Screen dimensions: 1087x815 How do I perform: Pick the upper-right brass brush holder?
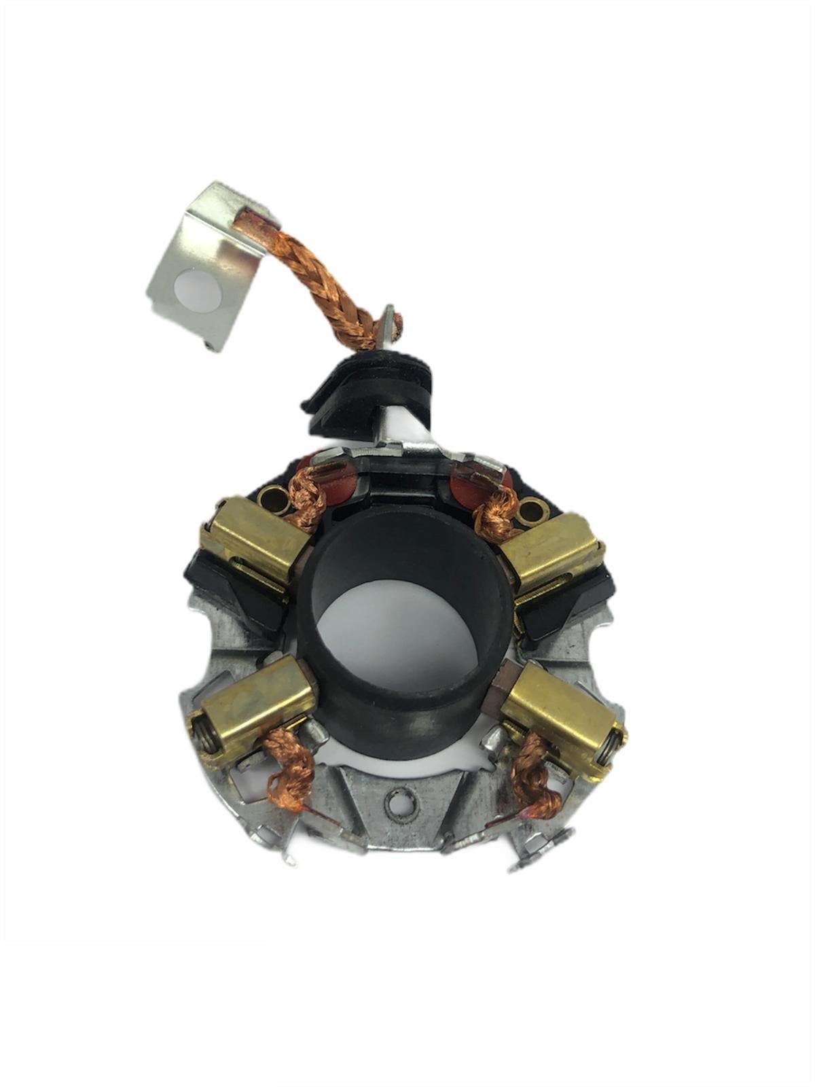[554, 547]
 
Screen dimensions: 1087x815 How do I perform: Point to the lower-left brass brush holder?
[255, 707]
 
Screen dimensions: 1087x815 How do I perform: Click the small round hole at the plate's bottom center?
[399, 802]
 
